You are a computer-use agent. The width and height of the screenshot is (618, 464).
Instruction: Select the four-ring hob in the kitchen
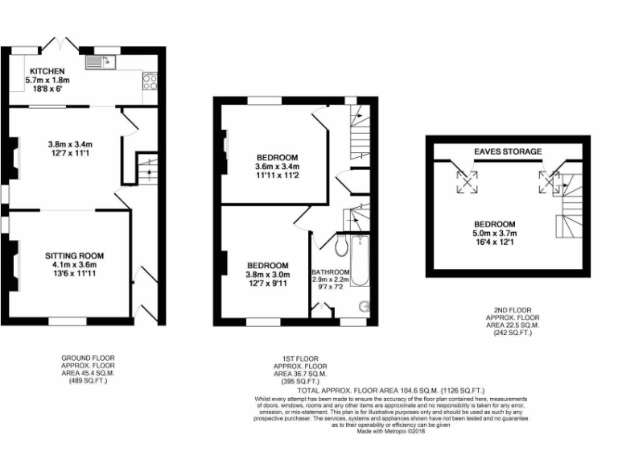[x=150, y=81]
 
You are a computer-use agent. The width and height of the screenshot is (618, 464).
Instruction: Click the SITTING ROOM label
[x=74, y=255]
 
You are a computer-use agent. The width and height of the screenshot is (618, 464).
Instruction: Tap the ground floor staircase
[x=146, y=170]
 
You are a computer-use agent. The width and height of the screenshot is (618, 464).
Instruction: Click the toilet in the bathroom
[x=339, y=246]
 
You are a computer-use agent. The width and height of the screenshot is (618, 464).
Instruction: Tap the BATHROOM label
[x=331, y=272]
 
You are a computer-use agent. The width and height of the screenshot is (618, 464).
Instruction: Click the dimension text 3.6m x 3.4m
[x=278, y=166]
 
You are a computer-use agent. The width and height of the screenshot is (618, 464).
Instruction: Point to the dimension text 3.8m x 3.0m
[x=267, y=275]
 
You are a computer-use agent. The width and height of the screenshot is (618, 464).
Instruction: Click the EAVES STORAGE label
[x=507, y=151]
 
